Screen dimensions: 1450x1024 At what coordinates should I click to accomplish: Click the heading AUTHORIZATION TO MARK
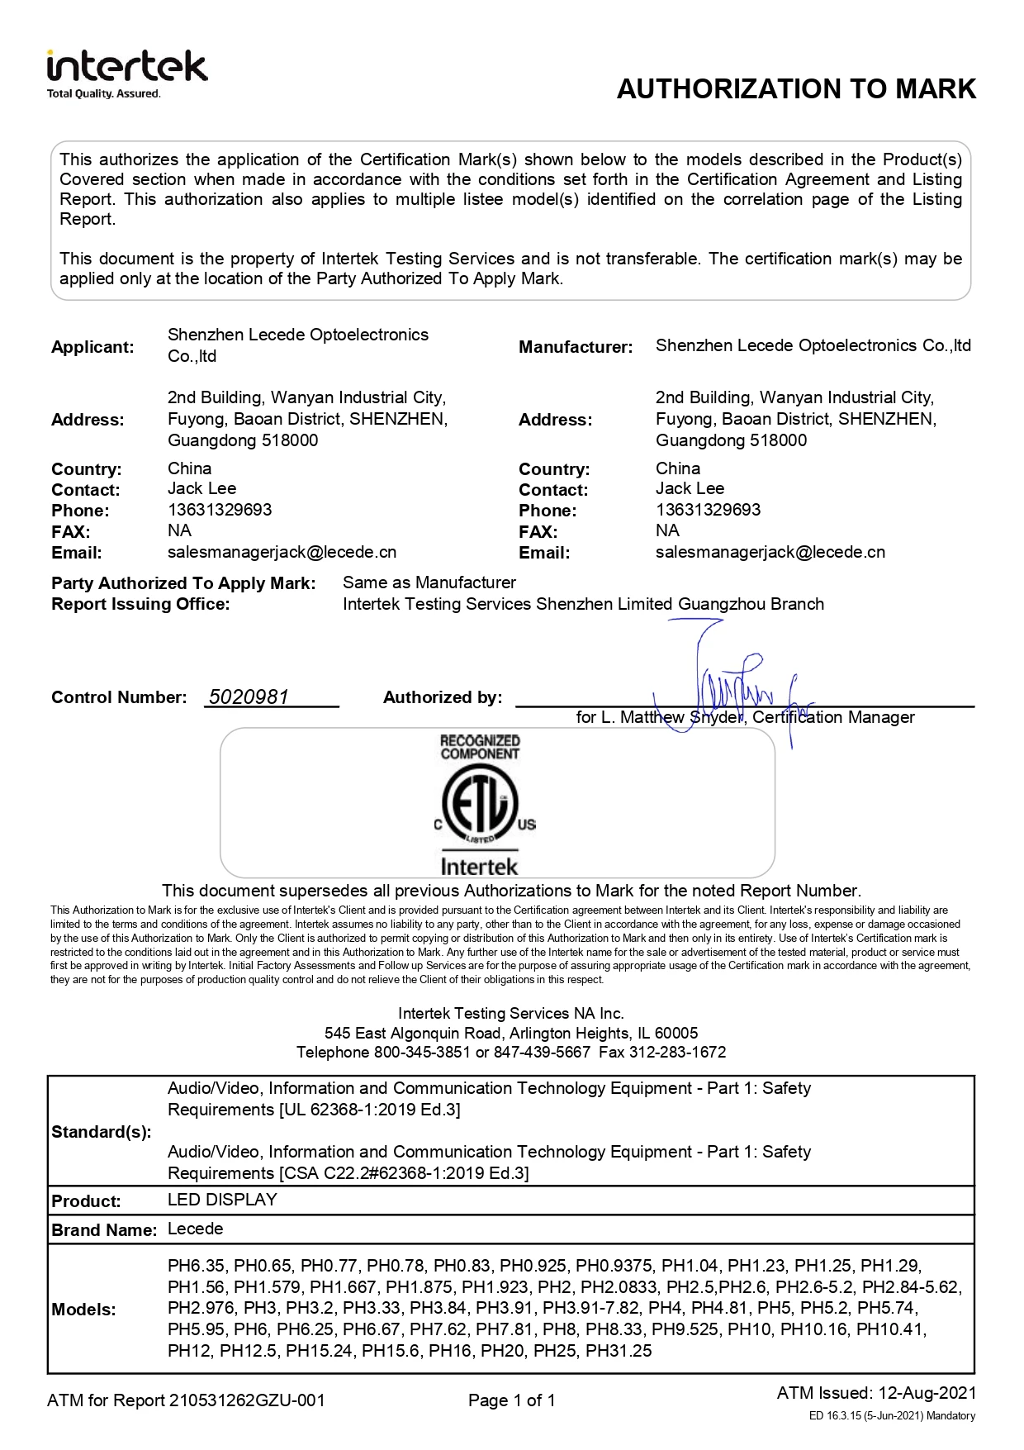796,89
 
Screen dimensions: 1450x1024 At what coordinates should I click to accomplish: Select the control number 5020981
249,696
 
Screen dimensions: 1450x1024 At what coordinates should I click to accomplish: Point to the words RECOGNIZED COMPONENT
480,747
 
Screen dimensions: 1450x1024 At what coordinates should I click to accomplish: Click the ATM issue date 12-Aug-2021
927,1392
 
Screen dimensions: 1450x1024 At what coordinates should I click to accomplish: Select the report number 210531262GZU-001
247,1400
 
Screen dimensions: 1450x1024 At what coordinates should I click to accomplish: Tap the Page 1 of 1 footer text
511,1400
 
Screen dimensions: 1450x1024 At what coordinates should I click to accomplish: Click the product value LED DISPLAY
222,1200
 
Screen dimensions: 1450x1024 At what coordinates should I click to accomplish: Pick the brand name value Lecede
195,1229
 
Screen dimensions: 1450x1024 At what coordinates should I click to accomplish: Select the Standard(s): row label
102,1131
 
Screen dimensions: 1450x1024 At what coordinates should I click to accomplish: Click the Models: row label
83,1309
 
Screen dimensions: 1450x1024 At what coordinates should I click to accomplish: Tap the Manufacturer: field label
576,347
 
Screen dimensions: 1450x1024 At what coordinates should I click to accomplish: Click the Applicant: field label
92,347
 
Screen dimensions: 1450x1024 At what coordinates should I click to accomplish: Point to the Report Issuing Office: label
140,604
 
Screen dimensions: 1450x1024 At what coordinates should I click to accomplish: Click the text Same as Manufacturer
429,582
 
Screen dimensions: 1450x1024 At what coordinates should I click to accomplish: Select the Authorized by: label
443,697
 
